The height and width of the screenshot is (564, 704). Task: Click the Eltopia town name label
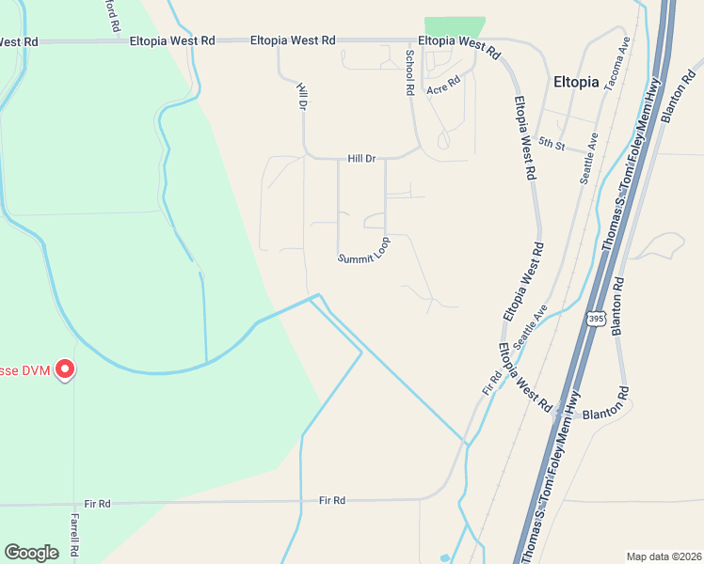click(x=576, y=82)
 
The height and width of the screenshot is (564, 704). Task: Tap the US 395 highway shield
click(x=595, y=318)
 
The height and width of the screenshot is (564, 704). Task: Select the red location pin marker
click(x=65, y=369)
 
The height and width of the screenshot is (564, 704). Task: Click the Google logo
click(x=31, y=553)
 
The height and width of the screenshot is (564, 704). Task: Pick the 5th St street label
click(x=552, y=144)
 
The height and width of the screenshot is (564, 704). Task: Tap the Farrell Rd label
click(x=75, y=535)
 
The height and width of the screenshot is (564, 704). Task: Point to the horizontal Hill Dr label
click(x=361, y=159)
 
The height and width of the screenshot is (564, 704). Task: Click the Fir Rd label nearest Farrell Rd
click(x=97, y=505)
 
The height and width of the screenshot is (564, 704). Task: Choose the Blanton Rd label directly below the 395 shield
click(x=617, y=305)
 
